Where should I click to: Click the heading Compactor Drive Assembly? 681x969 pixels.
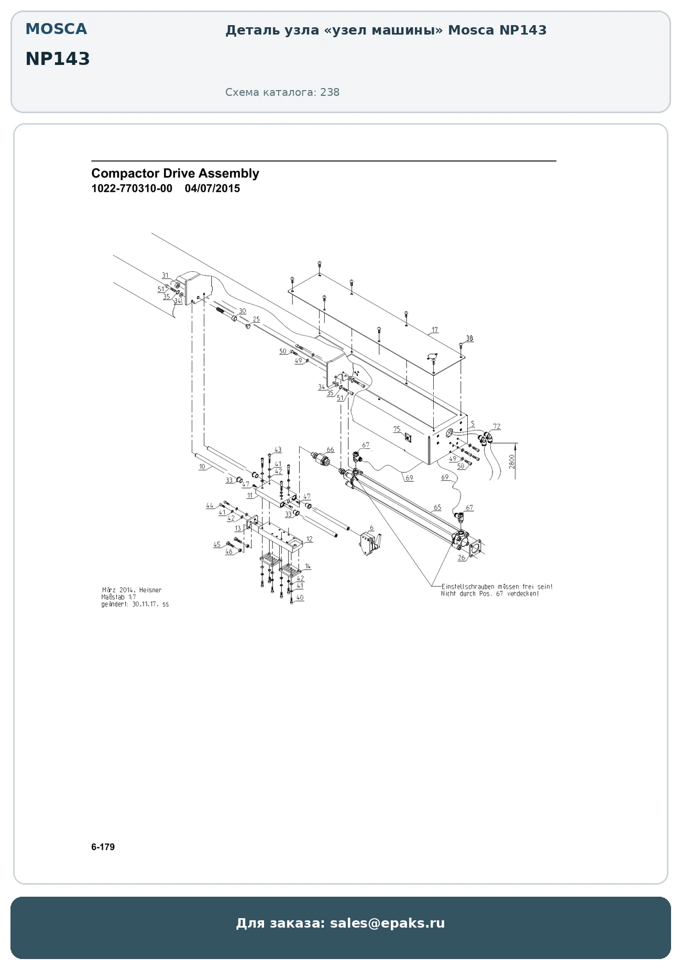pyautogui.click(x=175, y=173)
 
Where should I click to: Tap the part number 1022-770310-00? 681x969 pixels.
pyautogui.click(x=131, y=189)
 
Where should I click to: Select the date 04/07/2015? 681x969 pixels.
pyautogui.click(x=212, y=189)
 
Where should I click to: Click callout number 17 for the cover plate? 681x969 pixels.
pyautogui.click(x=435, y=330)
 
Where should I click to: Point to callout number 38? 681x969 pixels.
pyautogui.click(x=469, y=338)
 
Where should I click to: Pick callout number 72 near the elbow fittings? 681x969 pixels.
pyautogui.click(x=497, y=426)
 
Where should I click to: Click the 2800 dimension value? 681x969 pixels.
pyautogui.click(x=512, y=461)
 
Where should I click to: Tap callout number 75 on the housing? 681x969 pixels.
pyautogui.click(x=397, y=430)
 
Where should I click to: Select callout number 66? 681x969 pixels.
pyautogui.click(x=330, y=449)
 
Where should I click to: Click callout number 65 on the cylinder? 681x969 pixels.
pyautogui.click(x=437, y=507)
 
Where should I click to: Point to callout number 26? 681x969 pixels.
pyautogui.click(x=462, y=558)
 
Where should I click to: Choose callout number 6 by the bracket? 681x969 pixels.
pyautogui.click(x=371, y=528)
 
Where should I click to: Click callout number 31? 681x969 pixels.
pyautogui.click(x=165, y=276)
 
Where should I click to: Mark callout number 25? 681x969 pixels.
pyautogui.click(x=256, y=319)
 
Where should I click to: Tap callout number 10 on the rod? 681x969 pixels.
pyautogui.click(x=202, y=466)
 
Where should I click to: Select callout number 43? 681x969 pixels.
pyautogui.click(x=278, y=449)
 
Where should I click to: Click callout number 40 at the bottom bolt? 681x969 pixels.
pyautogui.click(x=300, y=597)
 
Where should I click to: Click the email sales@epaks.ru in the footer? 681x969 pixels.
pyautogui.click(x=387, y=923)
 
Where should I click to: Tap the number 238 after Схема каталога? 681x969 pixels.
pyautogui.click(x=329, y=92)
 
